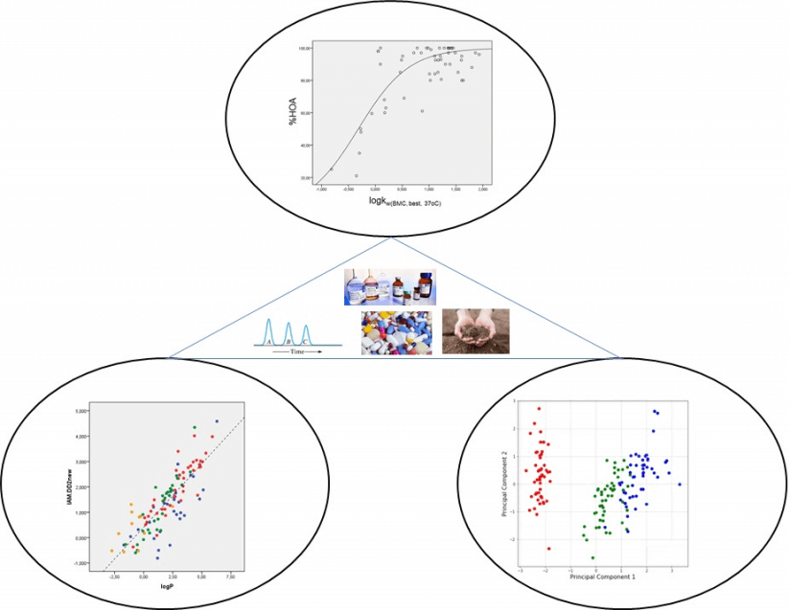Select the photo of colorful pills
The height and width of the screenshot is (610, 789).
coord(395,332)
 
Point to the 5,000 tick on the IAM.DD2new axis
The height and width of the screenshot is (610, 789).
coord(84,411)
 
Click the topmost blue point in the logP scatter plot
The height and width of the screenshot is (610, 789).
coord(217,421)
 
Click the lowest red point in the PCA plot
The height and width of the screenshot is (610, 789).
coord(549,549)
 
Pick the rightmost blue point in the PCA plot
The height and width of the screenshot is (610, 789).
coord(679,485)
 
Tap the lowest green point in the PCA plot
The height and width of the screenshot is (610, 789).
coord(592,557)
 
